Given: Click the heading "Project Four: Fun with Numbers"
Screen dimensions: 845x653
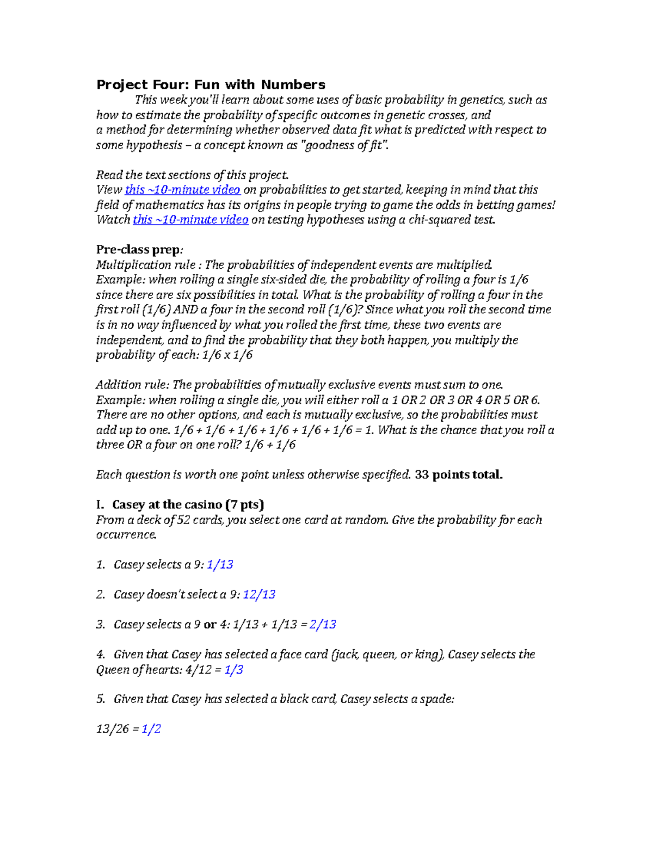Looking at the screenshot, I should (211, 85).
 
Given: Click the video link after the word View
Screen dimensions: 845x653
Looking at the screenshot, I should (182, 190).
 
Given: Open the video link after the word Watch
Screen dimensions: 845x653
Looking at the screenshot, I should (190, 220).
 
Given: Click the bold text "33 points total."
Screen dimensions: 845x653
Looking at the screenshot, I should (458, 475).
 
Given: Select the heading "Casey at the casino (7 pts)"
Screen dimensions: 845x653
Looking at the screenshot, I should (188, 505).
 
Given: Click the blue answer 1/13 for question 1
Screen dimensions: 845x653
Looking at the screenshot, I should (220, 565).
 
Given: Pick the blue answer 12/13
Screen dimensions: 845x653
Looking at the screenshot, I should (259, 595).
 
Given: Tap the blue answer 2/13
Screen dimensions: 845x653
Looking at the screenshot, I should (323, 625).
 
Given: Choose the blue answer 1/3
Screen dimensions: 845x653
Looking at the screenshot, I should (233, 670).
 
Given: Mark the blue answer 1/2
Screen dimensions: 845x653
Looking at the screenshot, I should (151, 729).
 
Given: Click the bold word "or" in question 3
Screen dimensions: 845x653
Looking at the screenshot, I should (210, 625).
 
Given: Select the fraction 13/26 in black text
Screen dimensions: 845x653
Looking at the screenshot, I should (112, 729).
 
